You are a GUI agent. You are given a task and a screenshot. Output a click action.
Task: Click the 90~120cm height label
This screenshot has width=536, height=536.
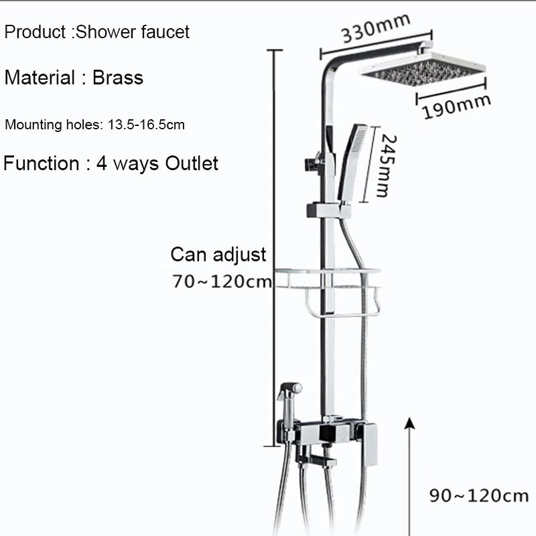tap(478, 496)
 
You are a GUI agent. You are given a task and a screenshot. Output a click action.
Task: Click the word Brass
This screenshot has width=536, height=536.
tap(118, 78)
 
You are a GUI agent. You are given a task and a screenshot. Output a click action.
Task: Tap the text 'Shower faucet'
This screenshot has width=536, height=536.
tap(133, 31)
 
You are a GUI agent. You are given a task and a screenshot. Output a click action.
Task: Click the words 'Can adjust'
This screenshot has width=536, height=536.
tap(218, 255)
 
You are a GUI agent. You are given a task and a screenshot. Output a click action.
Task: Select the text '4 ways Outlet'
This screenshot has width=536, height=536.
tap(157, 163)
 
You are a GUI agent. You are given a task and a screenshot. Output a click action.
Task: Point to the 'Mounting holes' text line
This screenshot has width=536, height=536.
tap(95, 124)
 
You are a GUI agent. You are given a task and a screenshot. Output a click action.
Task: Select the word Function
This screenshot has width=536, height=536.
tap(42, 163)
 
